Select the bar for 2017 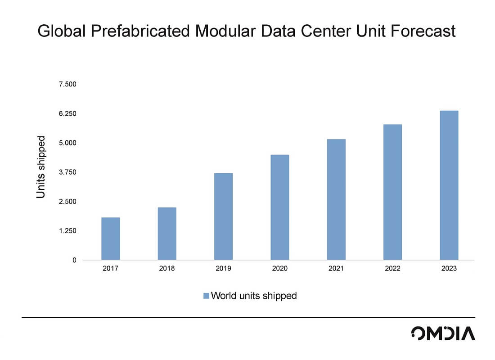point(111,238)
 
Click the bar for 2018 point(167,234)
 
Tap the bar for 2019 point(223,216)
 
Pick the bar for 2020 point(279,207)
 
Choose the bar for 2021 point(336,199)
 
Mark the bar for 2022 point(392,192)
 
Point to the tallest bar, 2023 point(449,185)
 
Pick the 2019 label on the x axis point(223,269)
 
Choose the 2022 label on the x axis point(392,269)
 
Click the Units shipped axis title point(41,167)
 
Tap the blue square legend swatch point(206,296)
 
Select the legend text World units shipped point(254,296)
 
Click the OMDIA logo point(443,333)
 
